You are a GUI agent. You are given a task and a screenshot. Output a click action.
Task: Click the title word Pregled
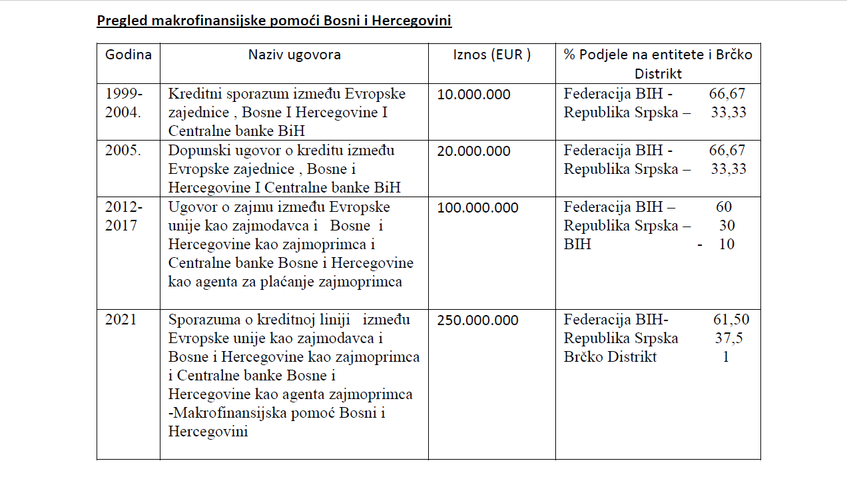122,21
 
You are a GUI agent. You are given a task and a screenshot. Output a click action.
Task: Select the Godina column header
129,55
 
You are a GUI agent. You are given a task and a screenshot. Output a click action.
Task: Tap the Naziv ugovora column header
294,55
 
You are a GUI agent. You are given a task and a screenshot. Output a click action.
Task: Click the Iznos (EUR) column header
491,55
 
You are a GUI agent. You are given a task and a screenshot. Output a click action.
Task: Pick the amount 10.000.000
473,95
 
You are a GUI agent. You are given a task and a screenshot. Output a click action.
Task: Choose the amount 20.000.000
473,151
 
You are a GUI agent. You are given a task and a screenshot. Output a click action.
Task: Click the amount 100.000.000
477,208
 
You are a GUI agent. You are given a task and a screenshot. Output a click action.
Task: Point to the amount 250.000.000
477,320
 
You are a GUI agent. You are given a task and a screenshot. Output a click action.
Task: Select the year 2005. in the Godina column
123,150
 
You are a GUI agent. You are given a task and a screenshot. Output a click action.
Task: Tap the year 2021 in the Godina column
121,319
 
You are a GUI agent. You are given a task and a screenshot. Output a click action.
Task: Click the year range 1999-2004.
123,103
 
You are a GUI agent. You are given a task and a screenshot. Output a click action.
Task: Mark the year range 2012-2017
123,216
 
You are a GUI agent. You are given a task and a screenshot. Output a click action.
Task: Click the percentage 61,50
730,320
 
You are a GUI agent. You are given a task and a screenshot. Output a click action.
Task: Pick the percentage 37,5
729,338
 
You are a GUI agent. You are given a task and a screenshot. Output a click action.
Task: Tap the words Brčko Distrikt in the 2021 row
610,357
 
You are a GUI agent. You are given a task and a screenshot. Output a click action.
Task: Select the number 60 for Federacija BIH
724,207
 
